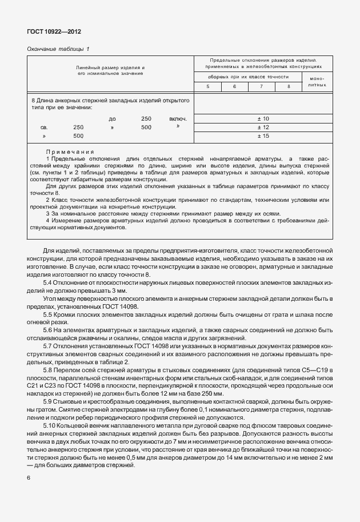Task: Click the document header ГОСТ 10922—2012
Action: [x=50, y=31]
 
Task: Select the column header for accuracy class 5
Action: [x=207, y=86]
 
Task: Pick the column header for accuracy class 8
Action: [x=289, y=86]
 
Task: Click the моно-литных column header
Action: [x=317, y=82]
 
